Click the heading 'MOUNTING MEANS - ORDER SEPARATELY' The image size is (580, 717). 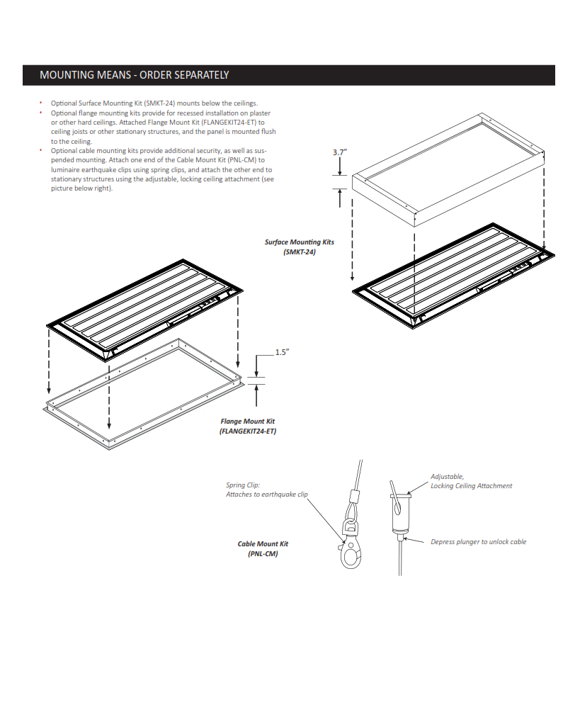click(x=134, y=75)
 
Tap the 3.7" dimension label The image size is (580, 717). click(x=340, y=152)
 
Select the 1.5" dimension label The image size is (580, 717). click(x=282, y=352)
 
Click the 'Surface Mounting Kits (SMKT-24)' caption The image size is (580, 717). click(x=299, y=247)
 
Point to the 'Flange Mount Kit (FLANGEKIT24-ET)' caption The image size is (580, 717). click(x=247, y=426)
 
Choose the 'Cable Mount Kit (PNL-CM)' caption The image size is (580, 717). click(x=263, y=549)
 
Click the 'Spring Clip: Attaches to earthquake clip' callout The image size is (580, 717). click(x=266, y=490)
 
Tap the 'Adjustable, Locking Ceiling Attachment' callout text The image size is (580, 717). click(x=471, y=481)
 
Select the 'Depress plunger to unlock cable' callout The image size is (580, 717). click(x=478, y=542)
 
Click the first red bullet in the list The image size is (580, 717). click(x=41, y=103)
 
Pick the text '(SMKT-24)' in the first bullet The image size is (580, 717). click(x=159, y=103)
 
